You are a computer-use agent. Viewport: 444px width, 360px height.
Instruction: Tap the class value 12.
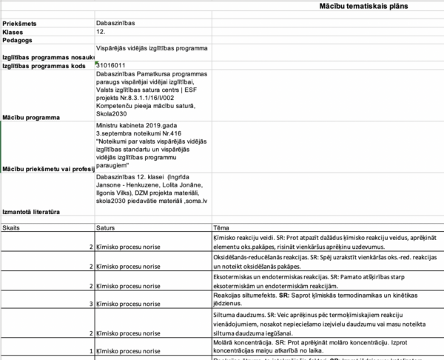[101, 32]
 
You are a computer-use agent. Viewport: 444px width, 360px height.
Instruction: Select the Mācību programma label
[30, 117]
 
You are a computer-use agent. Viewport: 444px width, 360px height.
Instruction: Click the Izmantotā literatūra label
[33, 212]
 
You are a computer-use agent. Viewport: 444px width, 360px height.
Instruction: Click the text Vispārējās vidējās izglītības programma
[152, 48]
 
